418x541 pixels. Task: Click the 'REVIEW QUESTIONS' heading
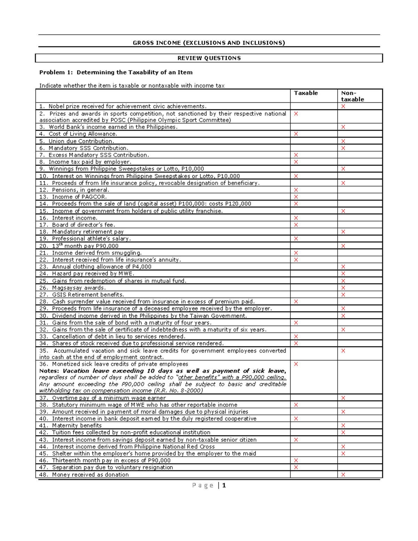(x=209, y=58)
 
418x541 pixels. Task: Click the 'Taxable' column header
(x=306, y=93)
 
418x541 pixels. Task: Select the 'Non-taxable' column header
(x=352, y=96)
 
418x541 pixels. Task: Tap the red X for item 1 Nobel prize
(x=343, y=106)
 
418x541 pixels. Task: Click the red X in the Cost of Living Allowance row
(x=296, y=134)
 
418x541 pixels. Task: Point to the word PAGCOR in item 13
(x=94, y=197)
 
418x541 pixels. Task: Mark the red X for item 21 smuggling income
(x=296, y=253)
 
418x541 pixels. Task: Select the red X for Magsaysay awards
(x=343, y=288)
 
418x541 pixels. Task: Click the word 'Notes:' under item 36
(x=49, y=371)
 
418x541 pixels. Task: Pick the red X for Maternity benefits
(x=343, y=425)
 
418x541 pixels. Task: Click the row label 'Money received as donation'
(x=90, y=474)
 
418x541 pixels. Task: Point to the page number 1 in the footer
(x=224, y=485)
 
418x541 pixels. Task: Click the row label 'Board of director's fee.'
(x=83, y=225)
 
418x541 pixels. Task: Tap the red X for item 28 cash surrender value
(x=296, y=302)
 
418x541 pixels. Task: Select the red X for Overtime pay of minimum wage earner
(x=343, y=398)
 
